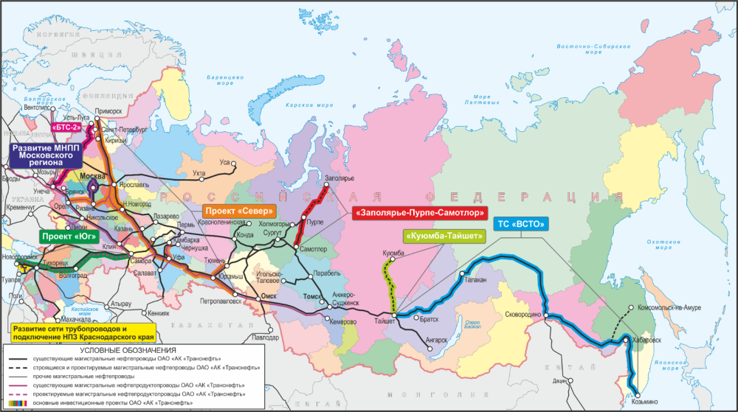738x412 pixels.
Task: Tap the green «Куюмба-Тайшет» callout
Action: (x=444, y=237)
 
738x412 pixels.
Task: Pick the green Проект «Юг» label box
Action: (x=67, y=237)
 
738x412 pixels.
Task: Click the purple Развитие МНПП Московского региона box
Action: (x=52, y=158)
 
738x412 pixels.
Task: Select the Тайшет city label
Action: (x=383, y=321)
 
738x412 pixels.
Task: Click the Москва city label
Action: (x=100, y=178)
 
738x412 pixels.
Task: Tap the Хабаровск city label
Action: (x=649, y=340)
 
